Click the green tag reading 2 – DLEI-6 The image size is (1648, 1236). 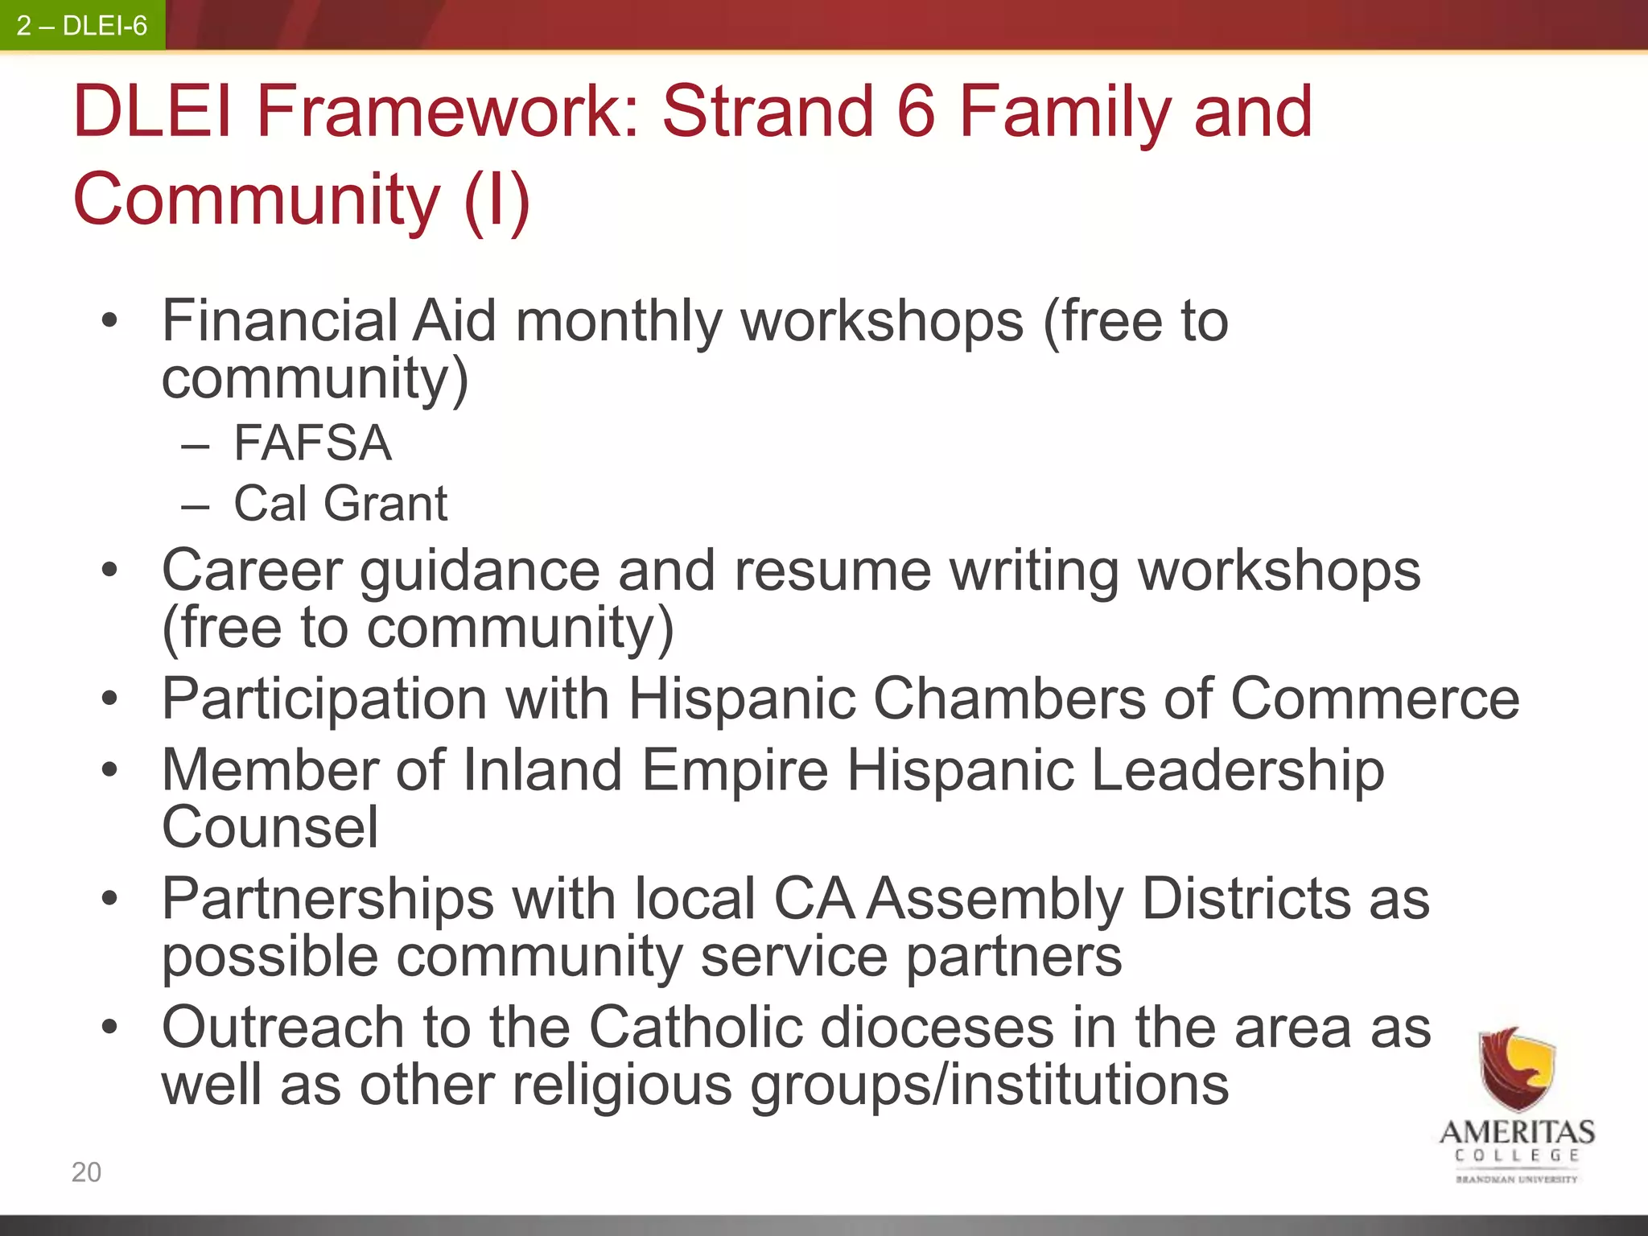tap(82, 26)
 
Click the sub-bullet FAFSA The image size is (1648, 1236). tap(312, 443)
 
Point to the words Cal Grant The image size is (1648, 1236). tap(340, 504)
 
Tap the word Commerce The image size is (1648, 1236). tap(1374, 698)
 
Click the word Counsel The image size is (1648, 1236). tap(270, 827)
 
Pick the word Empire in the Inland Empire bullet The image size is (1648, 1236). tap(734, 770)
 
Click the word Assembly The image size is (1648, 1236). tap(995, 899)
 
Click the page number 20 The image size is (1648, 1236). tap(86, 1172)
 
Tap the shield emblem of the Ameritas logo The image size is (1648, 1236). tap(1516, 1069)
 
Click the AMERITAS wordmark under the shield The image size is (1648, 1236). tap(1516, 1132)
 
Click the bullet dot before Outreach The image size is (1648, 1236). tap(110, 1028)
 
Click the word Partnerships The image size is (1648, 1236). tap(328, 899)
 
